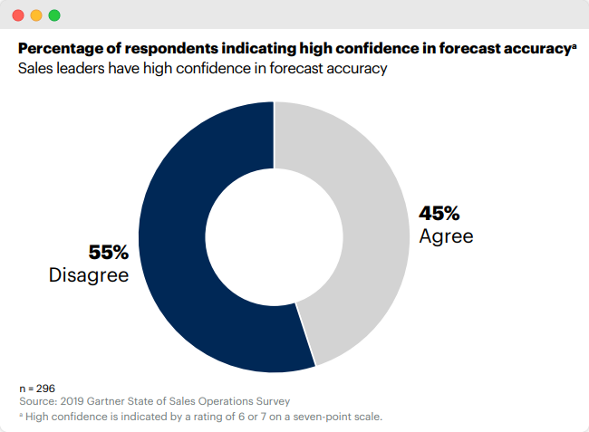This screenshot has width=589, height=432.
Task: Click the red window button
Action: click(18, 15)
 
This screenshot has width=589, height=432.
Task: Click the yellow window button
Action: click(36, 15)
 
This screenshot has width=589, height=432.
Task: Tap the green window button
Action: click(54, 15)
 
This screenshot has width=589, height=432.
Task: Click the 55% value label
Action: click(108, 253)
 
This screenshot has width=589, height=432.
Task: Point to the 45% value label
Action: click(439, 215)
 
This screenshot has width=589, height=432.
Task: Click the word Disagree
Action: click(89, 274)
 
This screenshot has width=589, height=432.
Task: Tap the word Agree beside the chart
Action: click(446, 236)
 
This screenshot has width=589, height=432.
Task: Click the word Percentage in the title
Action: click(60, 48)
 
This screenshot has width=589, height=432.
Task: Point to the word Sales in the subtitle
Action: click(37, 69)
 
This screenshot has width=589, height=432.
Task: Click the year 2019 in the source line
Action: click(77, 400)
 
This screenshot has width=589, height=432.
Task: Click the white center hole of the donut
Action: click(275, 237)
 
